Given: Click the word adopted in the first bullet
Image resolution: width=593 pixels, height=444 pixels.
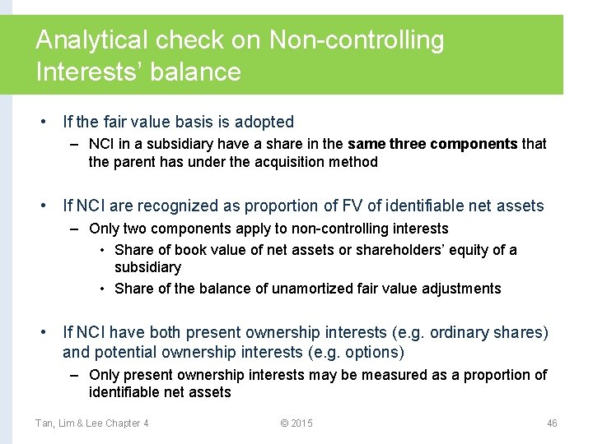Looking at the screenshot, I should coord(264,122).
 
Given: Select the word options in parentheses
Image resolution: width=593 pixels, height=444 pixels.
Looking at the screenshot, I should coord(372,352).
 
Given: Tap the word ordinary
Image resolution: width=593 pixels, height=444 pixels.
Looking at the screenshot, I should coord(461,332).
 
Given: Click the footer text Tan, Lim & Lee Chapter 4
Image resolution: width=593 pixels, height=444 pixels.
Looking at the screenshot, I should coord(91,423).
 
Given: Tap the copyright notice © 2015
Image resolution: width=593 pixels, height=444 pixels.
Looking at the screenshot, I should coord(296,423).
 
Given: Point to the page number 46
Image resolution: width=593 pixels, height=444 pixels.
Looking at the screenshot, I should coord(552,423).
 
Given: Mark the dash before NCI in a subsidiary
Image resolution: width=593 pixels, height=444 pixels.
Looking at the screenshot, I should coord(74,144).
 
